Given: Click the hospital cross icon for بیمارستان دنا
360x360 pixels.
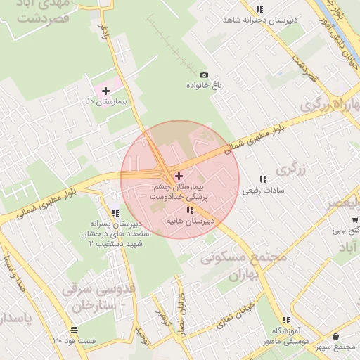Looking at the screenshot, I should point(105,91).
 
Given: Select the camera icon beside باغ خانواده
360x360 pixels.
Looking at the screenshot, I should point(205,75).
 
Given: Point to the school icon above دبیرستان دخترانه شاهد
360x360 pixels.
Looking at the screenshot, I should point(259,9).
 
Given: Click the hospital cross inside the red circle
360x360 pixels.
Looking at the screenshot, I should point(179,175).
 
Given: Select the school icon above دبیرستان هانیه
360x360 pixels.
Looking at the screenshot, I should point(190,210).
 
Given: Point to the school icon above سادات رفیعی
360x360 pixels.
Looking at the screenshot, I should point(263,180).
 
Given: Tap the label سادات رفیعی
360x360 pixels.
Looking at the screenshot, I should point(262,191).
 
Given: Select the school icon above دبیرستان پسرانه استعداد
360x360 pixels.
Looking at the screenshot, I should point(115,213).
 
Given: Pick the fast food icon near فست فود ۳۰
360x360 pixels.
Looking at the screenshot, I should point(75,330).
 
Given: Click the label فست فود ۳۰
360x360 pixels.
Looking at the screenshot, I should point(74,340).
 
